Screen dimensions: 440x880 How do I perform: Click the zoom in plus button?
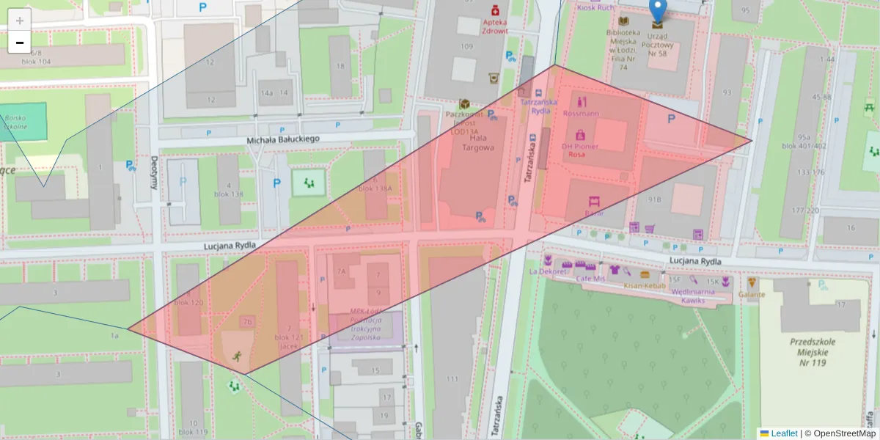[20, 21]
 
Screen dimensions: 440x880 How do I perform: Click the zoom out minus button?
[20, 43]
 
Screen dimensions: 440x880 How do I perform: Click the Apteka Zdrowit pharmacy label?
[495, 26]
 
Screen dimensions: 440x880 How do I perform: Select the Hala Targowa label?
[477, 142]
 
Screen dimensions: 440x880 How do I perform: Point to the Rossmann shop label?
[581, 114]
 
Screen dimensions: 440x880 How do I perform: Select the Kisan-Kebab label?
[644, 285]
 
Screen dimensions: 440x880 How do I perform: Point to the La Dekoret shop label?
[548, 271]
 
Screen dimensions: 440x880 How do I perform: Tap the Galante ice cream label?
[752, 294]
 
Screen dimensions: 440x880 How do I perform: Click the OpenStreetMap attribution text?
[844, 433]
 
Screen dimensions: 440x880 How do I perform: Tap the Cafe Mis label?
[590, 279]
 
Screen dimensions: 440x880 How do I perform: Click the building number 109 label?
[466, 46]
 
